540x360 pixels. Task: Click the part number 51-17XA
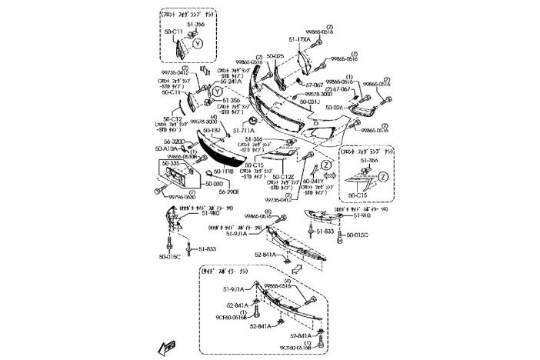[299, 38]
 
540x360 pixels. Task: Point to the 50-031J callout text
[309, 101]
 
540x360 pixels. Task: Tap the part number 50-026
[335, 108]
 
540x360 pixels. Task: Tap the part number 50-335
[170, 163]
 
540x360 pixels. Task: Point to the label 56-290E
[208, 192]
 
